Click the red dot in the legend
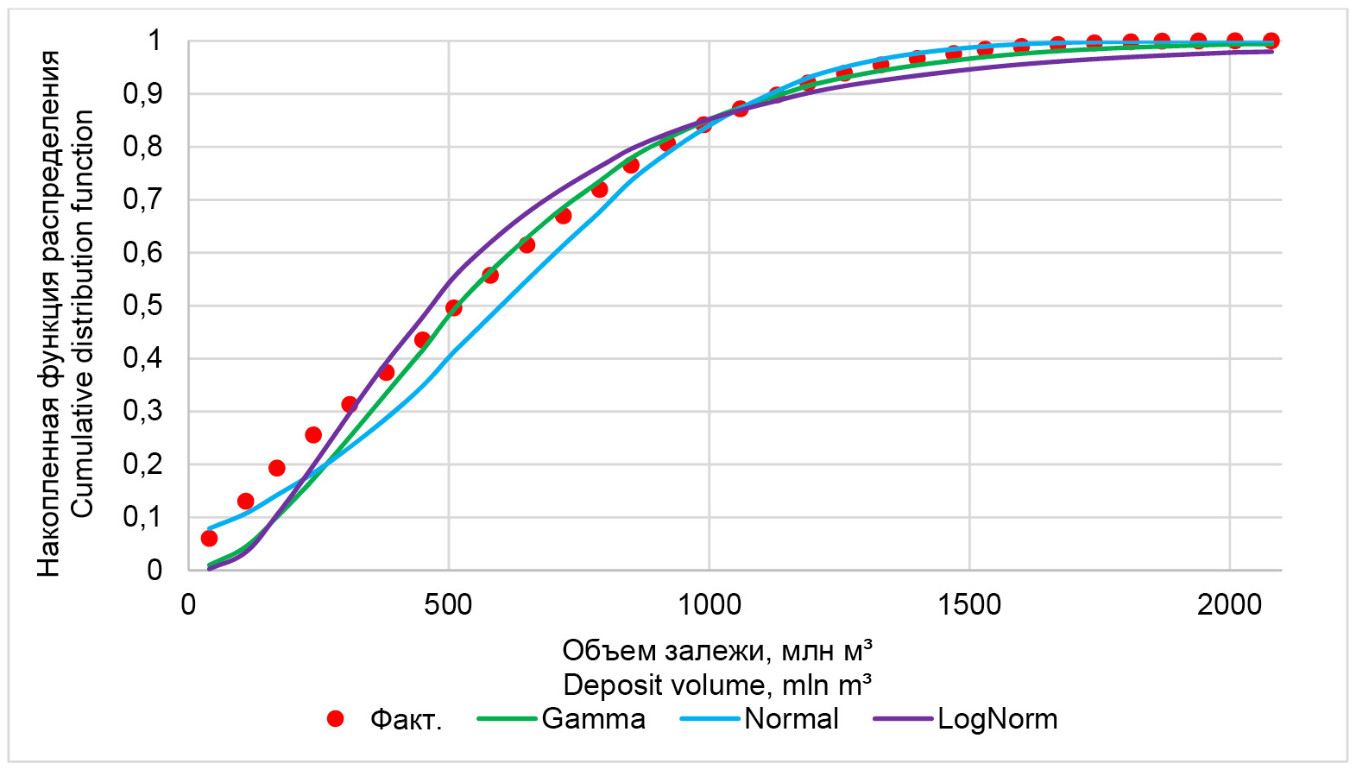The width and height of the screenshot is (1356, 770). point(336,719)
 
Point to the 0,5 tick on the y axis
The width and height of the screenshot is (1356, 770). point(142,306)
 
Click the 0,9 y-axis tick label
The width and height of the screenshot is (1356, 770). point(142,94)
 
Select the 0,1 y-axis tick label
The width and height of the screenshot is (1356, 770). point(142,517)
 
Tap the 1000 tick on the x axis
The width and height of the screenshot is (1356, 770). point(709,604)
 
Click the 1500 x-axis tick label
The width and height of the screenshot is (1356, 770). point(969,604)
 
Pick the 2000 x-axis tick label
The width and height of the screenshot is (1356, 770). point(1229,604)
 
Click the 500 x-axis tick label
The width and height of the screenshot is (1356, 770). point(448,604)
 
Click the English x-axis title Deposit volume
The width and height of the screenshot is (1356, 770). point(717,685)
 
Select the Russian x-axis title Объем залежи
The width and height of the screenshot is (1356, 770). point(717,650)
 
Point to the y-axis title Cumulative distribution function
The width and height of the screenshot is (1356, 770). point(83,313)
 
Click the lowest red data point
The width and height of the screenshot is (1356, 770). point(209,539)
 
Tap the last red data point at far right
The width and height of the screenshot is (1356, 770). point(1271,41)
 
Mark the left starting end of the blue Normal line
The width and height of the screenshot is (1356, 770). point(210,528)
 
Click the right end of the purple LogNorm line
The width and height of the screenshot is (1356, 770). point(1271,52)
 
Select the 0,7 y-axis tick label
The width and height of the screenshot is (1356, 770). point(142,199)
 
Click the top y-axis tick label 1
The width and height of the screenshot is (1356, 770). point(155,41)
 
